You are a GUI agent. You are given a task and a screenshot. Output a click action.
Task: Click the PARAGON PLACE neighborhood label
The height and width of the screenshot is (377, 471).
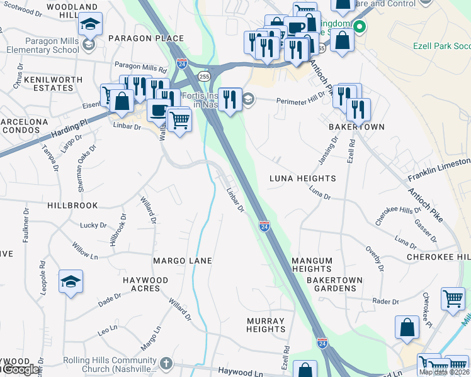click(145, 38)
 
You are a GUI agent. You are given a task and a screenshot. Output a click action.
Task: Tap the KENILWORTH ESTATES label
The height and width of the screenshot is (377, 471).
click(53, 84)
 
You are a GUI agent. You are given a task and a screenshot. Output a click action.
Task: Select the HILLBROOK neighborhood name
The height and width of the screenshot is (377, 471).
click(72, 205)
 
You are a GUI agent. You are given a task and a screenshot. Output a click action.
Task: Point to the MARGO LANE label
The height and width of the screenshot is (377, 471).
click(183, 260)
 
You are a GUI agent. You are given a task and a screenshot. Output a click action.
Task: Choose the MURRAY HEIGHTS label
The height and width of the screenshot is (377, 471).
click(266, 325)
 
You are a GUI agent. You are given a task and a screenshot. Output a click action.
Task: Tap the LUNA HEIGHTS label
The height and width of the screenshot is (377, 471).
click(302, 178)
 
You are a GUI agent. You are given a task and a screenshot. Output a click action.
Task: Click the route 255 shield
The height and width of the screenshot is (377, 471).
click(203, 76)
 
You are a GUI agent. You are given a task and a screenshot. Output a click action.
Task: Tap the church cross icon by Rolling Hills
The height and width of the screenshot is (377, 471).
click(166, 363)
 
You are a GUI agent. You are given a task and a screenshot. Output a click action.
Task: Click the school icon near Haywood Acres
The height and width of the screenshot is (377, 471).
click(71, 281)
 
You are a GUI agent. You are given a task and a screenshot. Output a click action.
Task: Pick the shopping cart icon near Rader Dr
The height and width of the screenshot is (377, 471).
click(452, 299)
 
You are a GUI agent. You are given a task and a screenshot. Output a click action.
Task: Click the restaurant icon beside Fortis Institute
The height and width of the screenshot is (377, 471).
click(230, 100)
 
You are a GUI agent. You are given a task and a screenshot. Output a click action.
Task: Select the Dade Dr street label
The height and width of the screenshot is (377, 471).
click(109, 301)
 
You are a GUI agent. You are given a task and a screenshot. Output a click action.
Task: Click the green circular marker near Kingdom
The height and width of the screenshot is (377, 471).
click(359, 27)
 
